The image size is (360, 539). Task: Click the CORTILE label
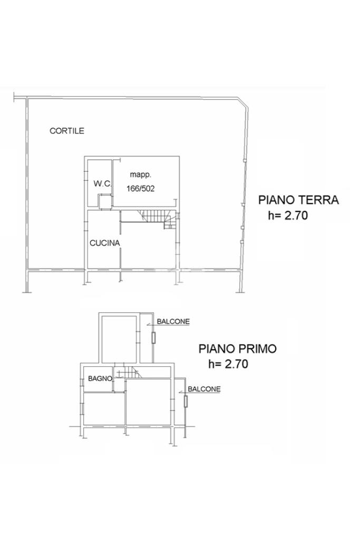pos(67,131)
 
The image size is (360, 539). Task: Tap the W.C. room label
pos(102,183)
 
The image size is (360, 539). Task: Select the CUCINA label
pos(105,243)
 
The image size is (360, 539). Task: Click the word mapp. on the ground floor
pos(140,174)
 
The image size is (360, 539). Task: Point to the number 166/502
pos(140,189)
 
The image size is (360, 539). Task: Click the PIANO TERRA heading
pos(298,200)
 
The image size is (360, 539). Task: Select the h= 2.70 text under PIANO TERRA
pos(288,215)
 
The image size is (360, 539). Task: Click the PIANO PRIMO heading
pos(238,349)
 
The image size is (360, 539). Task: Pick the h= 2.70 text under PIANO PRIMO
pos(228,364)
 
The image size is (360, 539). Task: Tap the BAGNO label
pos(100,379)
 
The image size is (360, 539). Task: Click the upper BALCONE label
pos(173,322)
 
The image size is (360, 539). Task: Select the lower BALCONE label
pos(204,389)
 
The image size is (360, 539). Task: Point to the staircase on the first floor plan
pos(129,373)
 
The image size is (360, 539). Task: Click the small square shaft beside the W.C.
pos(104,201)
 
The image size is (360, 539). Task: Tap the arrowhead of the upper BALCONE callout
pos(148,324)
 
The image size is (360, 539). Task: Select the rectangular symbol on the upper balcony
pos(153,338)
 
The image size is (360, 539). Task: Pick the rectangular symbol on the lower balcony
pos(186,401)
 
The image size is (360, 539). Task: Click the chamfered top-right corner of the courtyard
pos(244,104)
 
